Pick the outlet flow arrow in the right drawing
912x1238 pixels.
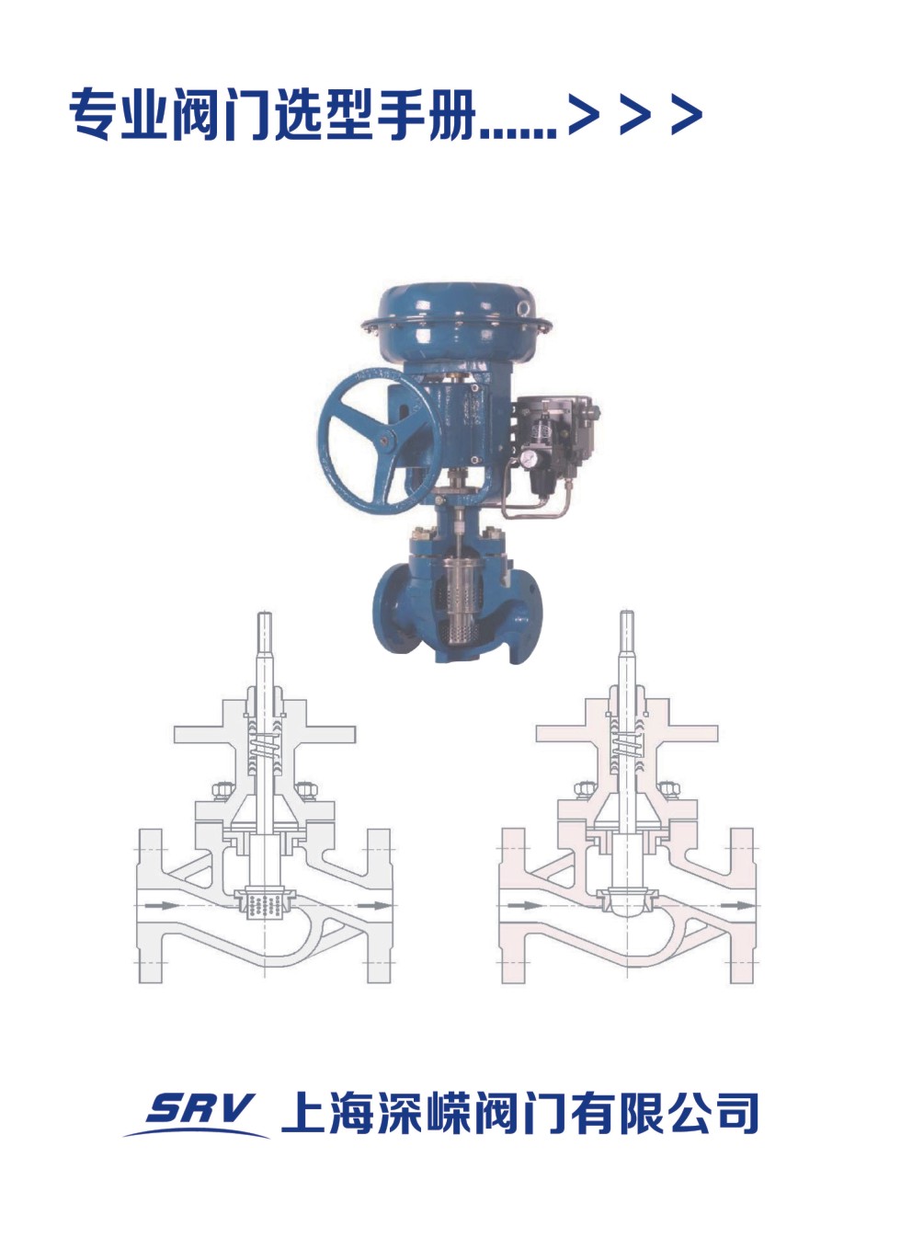[x=737, y=905]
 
